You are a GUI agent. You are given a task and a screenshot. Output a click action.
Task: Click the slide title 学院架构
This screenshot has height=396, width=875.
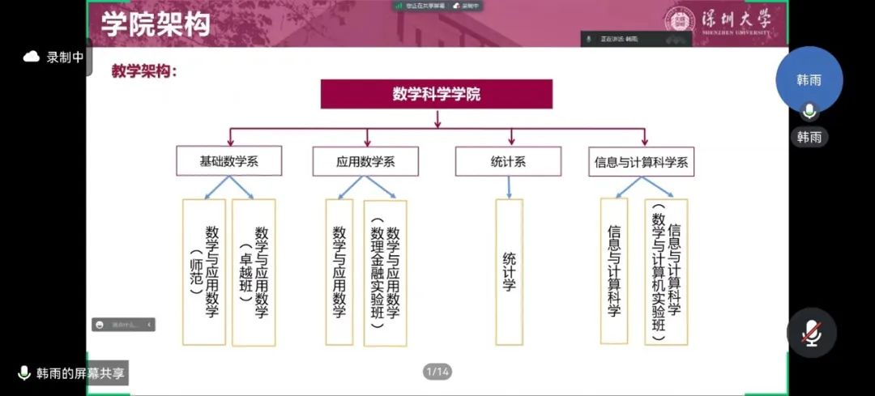(156, 24)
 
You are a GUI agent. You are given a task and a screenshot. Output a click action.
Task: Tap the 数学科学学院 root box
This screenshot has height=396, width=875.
(437, 94)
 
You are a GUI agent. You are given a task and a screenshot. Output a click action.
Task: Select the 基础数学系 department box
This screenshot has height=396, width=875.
(228, 161)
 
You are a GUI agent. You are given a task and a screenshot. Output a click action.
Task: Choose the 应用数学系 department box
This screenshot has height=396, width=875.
(365, 161)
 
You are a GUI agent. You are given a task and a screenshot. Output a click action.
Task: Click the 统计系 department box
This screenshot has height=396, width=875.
(508, 161)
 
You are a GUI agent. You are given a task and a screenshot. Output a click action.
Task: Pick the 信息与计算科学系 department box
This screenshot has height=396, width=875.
(641, 161)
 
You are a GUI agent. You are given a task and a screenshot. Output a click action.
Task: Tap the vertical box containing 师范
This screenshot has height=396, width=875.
(203, 272)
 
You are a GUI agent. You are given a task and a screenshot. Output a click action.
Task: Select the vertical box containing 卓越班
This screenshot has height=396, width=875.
(254, 272)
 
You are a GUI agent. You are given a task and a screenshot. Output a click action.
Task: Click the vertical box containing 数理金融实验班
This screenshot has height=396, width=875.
(385, 272)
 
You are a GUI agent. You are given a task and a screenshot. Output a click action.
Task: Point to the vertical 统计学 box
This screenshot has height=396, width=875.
(509, 272)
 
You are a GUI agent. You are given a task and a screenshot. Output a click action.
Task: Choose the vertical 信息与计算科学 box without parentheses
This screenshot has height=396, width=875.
(614, 272)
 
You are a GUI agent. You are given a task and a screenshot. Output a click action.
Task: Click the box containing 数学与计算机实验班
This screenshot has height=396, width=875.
(666, 272)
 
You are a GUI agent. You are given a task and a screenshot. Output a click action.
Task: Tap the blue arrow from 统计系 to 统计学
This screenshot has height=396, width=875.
(509, 187)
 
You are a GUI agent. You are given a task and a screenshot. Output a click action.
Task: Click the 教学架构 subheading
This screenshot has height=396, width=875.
(143, 70)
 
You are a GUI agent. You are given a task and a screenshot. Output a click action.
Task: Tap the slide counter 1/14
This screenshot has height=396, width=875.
(437, 372)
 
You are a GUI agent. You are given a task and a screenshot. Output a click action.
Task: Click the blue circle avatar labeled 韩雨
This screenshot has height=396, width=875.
(809, 80)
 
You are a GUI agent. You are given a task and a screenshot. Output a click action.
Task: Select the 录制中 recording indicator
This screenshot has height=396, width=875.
(54, 57)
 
